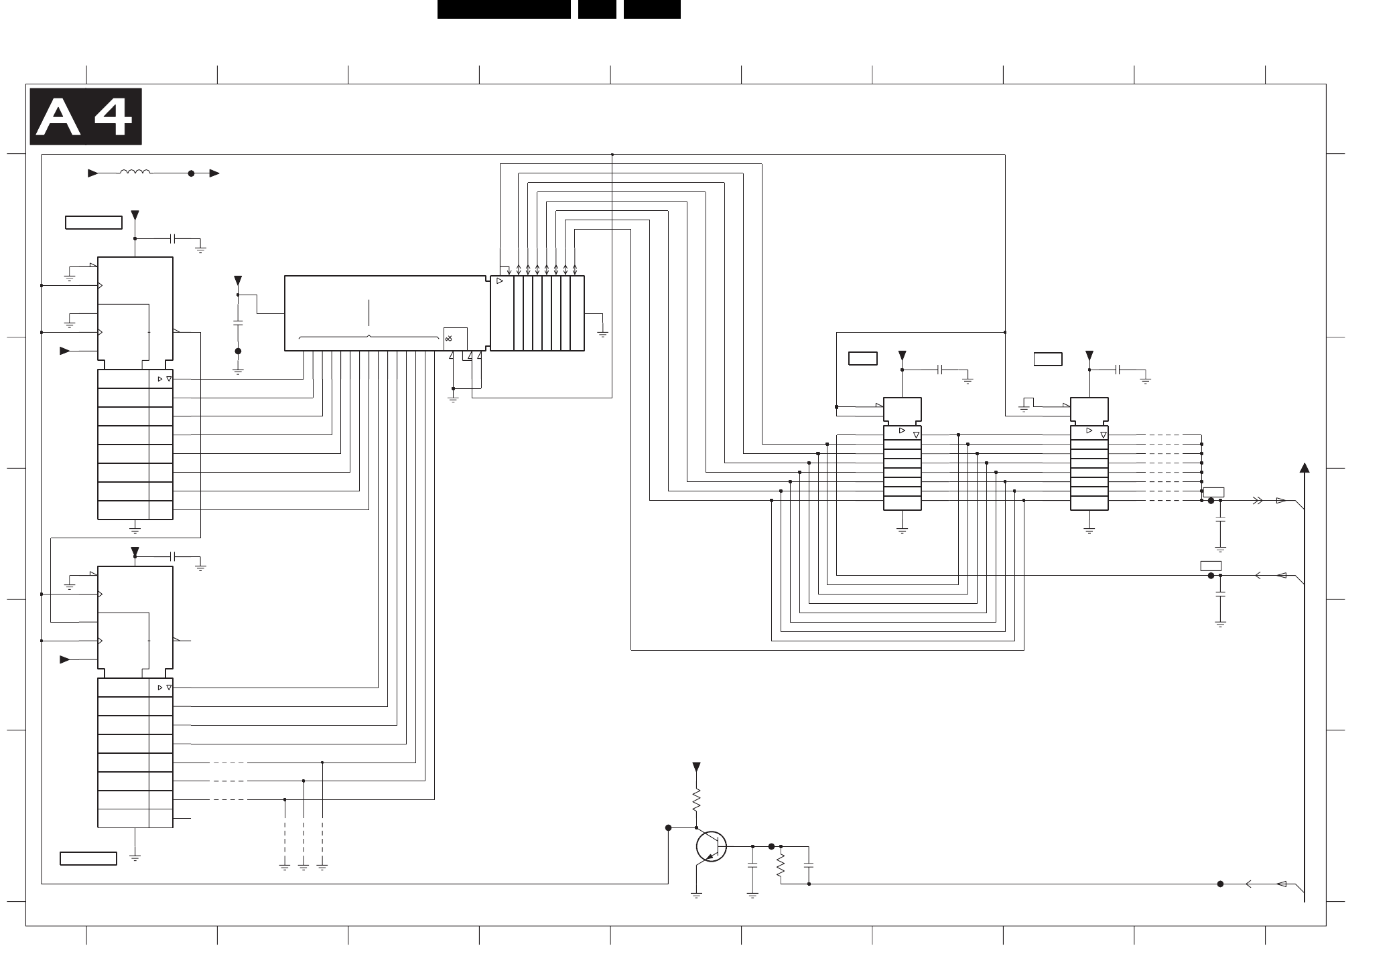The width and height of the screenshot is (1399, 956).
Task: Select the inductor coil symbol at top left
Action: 135,173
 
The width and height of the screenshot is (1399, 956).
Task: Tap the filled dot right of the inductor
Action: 191,173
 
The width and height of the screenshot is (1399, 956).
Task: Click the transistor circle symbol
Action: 711,846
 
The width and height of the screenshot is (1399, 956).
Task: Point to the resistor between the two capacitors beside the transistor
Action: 781,865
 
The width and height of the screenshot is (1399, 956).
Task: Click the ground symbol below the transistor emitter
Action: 696,894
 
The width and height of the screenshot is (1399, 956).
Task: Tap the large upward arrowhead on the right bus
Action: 1305,467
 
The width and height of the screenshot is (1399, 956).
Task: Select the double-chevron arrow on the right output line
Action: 1258,500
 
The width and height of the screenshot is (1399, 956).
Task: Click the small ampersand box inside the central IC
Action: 455,338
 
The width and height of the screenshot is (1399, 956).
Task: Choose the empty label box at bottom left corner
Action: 88,858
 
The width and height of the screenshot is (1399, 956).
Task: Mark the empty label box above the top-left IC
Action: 94,222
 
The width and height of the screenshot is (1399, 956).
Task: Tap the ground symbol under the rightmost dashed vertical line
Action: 322,868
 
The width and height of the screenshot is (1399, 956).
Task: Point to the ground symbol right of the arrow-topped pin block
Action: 603,333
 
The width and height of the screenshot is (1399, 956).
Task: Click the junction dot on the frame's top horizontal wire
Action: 612,155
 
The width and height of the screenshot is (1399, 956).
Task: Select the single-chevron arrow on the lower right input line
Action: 1258,575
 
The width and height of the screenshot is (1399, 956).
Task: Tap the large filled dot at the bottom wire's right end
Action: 1220,884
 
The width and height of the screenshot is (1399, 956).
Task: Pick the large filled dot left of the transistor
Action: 668,827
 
